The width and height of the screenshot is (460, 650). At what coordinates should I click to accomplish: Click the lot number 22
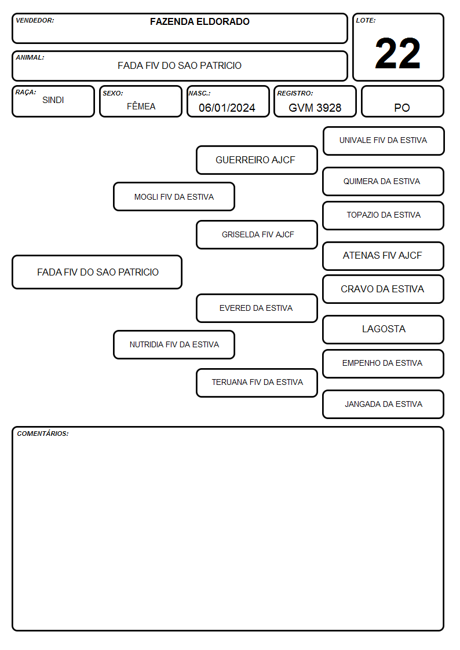point(397,53)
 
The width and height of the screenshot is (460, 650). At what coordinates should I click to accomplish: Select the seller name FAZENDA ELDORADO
point(199,21)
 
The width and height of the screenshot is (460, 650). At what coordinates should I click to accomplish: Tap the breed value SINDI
point(53,100)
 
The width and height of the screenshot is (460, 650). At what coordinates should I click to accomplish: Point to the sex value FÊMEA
point(141,106)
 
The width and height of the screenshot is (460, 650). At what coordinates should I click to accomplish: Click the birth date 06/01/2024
point(227,108)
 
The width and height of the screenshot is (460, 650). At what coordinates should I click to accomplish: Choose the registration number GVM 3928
point(315,108)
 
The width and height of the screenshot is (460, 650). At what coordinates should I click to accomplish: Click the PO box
point(402,101)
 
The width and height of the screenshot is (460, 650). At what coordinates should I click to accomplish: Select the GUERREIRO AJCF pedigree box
point(257,160)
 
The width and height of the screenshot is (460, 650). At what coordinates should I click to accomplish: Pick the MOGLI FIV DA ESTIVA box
point(174,196)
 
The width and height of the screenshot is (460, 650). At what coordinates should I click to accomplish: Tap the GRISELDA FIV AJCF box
point(257,234)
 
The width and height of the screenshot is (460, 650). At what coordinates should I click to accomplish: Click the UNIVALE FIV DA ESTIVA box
point(384,141)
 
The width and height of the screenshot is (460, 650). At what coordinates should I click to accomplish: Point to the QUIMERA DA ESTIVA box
point(384,182)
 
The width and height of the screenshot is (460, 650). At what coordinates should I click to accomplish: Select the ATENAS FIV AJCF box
point(384,256)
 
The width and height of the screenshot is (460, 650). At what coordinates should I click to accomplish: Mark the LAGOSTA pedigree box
point(384,329)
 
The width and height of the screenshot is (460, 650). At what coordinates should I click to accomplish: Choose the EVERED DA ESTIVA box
point(257,308)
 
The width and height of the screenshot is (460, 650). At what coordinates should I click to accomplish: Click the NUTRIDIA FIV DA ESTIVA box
point(174,344)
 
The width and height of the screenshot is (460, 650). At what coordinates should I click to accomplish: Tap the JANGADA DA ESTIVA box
point(384,404)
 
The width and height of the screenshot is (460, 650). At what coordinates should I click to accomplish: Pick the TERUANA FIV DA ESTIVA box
point(257,383)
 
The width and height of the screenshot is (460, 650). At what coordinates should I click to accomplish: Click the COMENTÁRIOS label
point(43,434)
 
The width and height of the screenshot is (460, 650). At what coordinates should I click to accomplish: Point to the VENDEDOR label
point(35,20)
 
